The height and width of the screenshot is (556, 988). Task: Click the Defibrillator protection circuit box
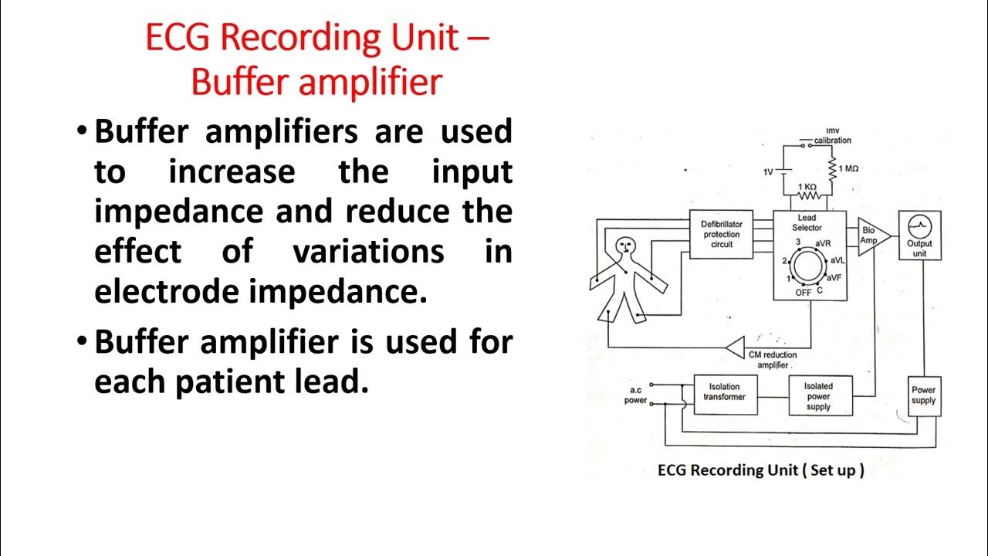[x=721, y=234]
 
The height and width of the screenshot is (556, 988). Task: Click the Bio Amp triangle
[x=871, y=234]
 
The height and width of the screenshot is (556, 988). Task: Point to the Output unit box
[x=919, y=235]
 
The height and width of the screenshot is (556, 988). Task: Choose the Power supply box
[x=923, y=395]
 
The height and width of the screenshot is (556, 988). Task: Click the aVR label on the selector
[x=823, y=243]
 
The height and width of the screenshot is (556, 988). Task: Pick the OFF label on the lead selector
[x=803, y=293]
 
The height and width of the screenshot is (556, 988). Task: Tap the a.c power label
[x=636, y=395]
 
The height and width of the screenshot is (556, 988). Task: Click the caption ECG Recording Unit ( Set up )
[x=760, y=470]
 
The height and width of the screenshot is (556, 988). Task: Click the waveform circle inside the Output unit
[x=919, y=225]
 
